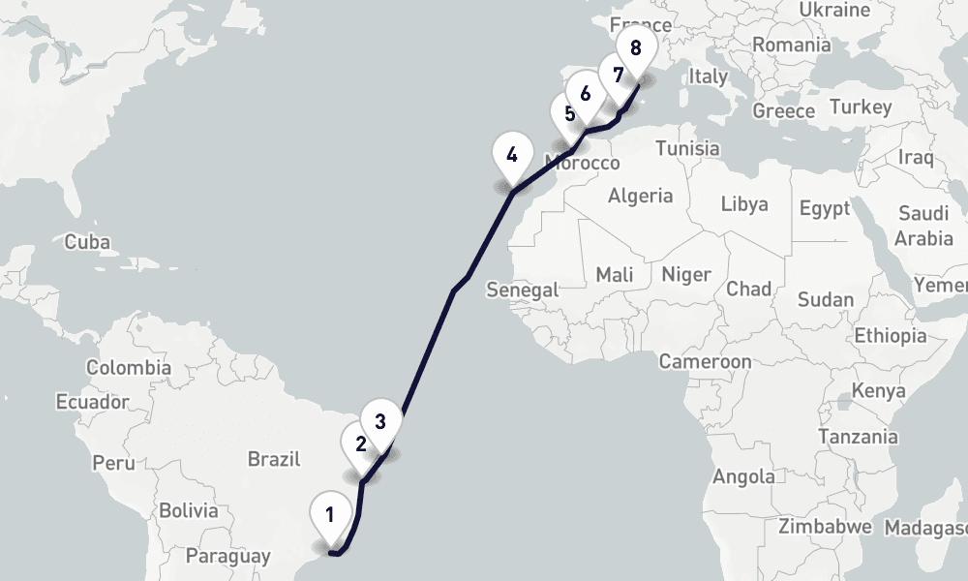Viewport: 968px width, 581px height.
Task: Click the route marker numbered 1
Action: point(330,514)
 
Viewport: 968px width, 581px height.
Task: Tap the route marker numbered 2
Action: point(360,444)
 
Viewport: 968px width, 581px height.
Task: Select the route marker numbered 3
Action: point(380,421)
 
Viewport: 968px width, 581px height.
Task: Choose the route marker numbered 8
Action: point(635,47)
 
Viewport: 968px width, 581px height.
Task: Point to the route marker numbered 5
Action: point(569,113)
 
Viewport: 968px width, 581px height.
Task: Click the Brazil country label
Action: point(274,459)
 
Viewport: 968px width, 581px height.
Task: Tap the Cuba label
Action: point(87,242)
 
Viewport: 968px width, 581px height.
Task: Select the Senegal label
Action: point(523,290)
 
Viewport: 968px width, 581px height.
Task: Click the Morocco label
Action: point(582,163)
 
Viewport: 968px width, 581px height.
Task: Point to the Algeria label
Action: point(640,196)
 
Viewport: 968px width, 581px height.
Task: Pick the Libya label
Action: point(744,203)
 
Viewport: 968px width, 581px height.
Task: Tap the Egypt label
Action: point(825,208)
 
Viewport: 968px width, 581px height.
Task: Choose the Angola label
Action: point(743,476)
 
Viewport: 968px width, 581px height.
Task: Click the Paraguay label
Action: point(227,557)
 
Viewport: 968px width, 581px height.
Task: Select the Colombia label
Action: point(129,368)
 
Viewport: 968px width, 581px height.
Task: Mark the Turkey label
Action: point(861,107)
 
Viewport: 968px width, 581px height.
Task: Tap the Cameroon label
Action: point(705,361)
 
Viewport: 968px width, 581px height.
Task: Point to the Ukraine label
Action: point(835,11)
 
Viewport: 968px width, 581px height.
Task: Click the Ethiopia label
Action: point(890,336)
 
